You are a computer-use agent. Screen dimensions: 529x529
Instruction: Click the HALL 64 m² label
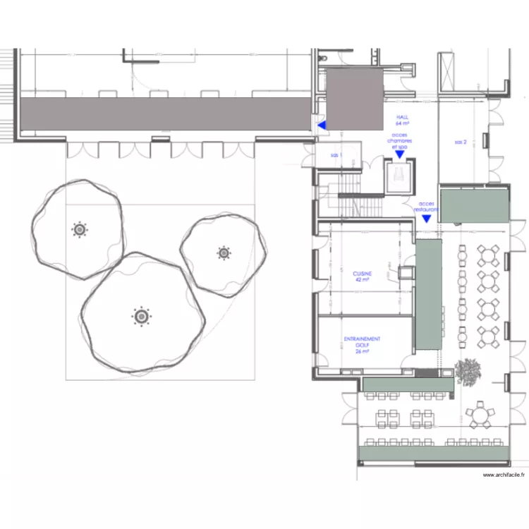tap(403, 121)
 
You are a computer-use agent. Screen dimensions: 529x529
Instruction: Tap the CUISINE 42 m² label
tap(363, 276)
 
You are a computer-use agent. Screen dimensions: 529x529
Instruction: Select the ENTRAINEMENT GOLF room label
tap(363, 344)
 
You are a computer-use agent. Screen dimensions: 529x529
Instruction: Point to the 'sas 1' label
tap(336, 154)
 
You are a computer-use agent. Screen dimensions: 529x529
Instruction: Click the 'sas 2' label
tap(460, 142)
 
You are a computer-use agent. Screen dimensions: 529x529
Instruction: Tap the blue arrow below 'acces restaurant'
tap(426, 218)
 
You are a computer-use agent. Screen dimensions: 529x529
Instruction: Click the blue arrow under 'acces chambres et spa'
tap(399, 154)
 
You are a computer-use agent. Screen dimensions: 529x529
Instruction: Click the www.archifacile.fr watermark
tap(504, 475)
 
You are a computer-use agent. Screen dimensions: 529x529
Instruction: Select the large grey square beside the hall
tap(354, 98)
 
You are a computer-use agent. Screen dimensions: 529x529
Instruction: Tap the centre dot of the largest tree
tap(142, 317)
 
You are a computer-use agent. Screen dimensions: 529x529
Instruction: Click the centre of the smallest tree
tap(224, 252)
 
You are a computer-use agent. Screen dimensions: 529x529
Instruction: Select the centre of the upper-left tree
tap(79, 229)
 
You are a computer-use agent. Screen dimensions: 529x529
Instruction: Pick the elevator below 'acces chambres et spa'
tap(399, 177)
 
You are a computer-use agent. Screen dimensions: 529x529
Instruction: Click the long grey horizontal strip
tap(166, 114)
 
